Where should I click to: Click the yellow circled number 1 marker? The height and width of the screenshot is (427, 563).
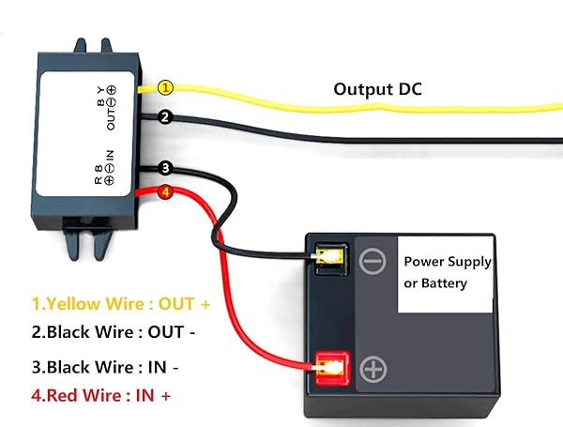point(165,87)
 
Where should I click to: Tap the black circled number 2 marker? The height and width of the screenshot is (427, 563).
point(165,117)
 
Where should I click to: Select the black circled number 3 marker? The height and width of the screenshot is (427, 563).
point(165,168)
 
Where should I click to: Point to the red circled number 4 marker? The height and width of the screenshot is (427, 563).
point(165,194)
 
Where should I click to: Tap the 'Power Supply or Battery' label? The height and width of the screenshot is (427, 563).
point(446,271)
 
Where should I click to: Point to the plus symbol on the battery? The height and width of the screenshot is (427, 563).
point(373,369)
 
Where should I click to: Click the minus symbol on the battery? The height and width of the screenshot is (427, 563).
point(372,259)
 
